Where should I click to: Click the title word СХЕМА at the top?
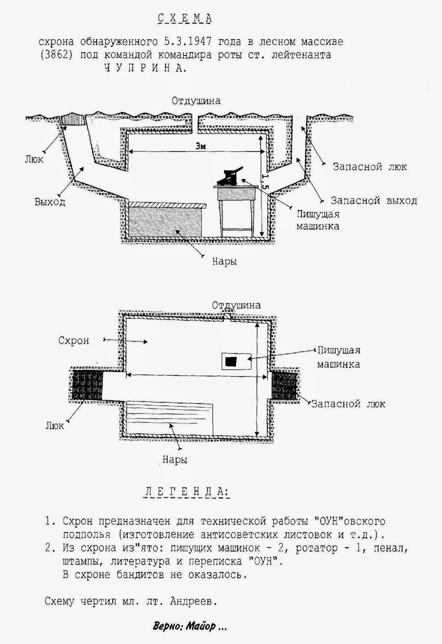[x=184, y=18]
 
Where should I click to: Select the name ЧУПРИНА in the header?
[x=145, y=68]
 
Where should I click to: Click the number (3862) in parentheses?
[x=56, y=55]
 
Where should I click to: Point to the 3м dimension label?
[x=200, y=146]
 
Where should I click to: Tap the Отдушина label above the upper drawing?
[x=196, y=100]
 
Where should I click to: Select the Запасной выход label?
[x=374, y=200]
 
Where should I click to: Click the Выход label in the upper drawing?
[x=50, y=202]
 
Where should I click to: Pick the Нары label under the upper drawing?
[x=224, y=262]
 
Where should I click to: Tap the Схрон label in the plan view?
[x=74, y=341]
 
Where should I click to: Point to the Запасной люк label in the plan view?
[x=348, y=404]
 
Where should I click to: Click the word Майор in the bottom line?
[x=201, y=626]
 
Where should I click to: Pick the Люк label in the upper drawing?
[x=34, y=159]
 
